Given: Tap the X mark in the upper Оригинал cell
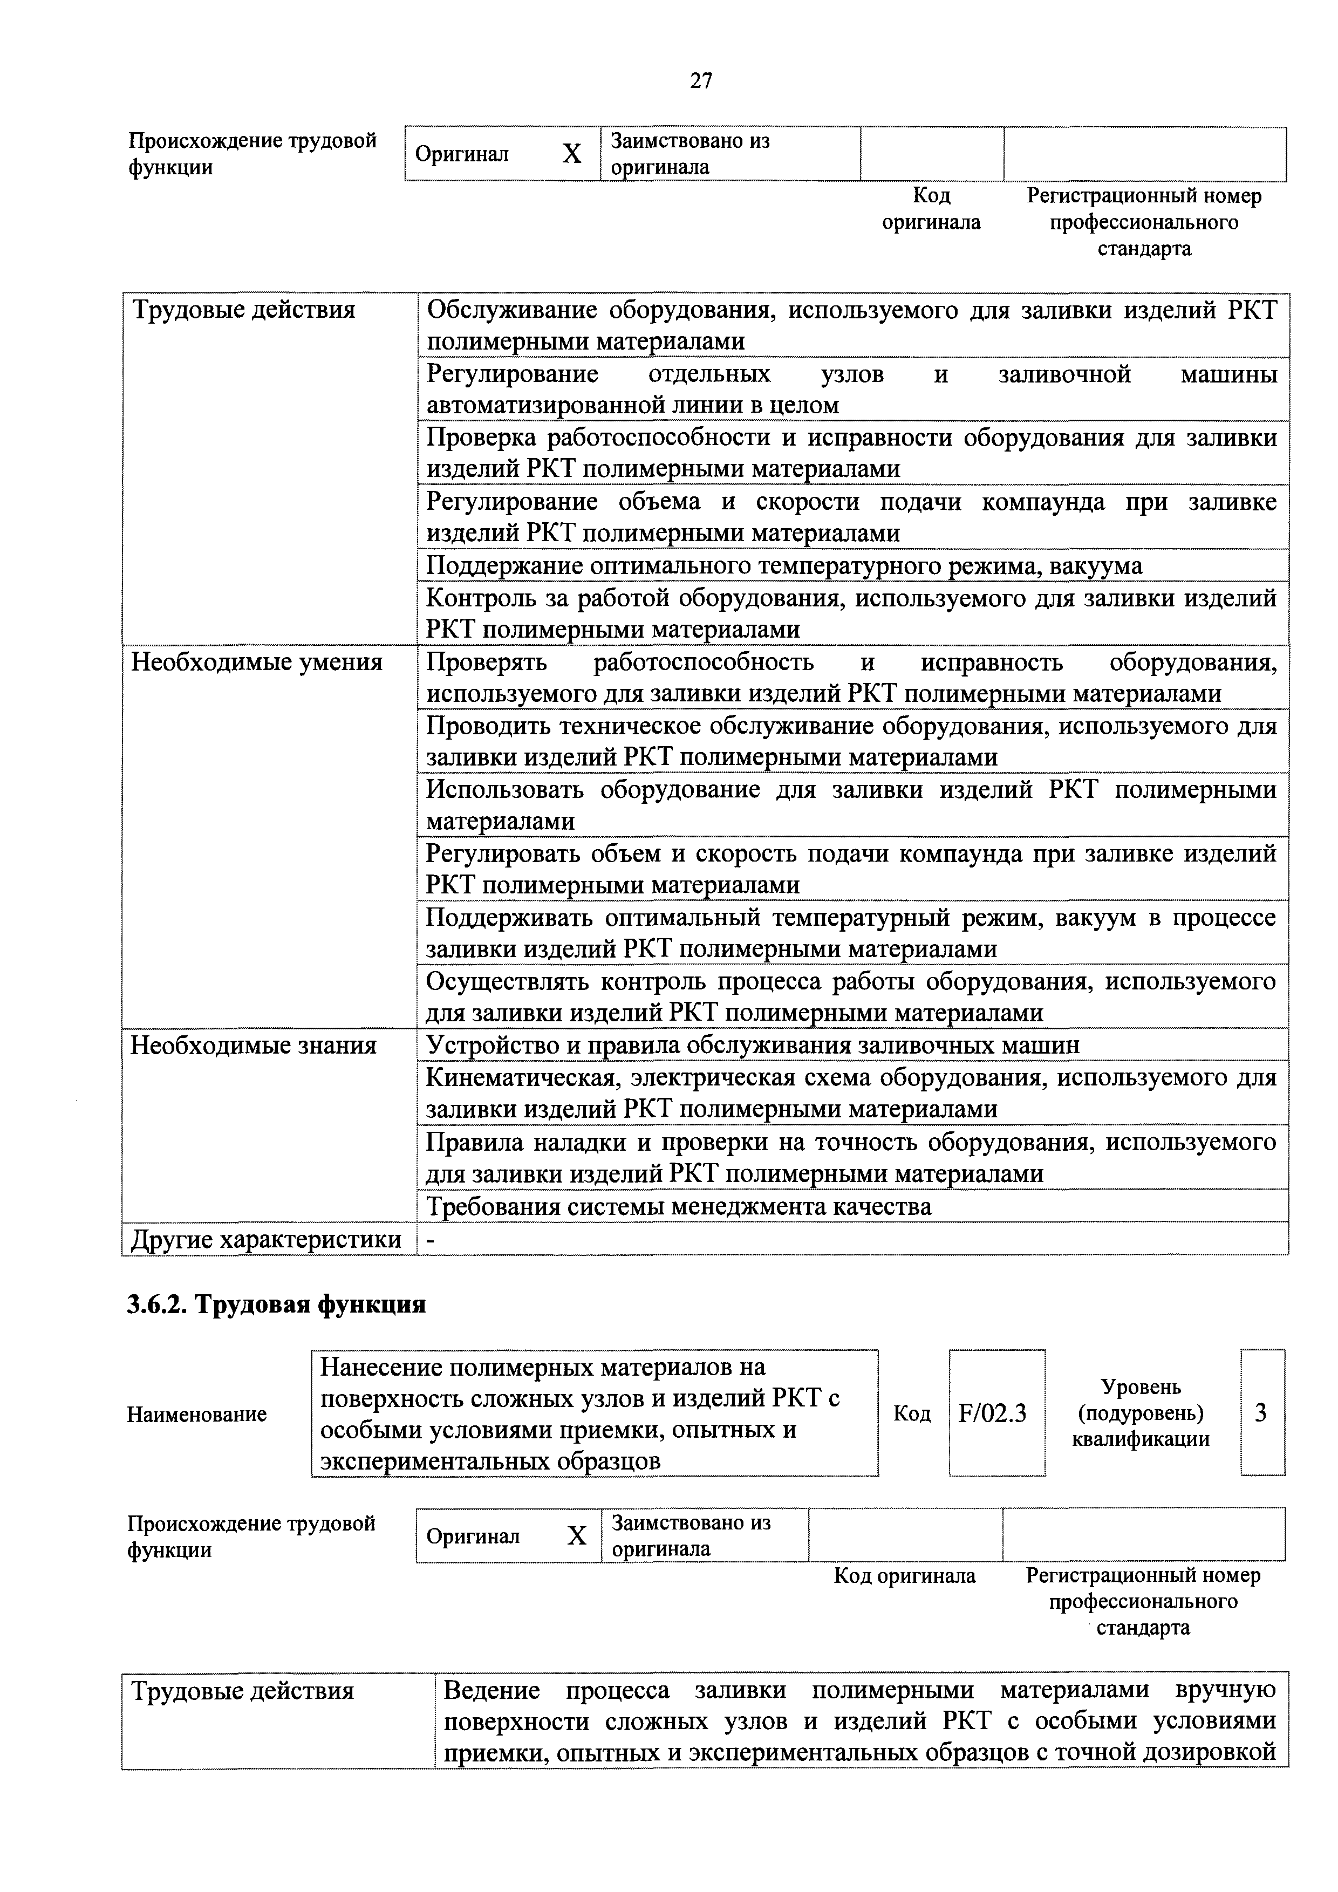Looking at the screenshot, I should coord(572,154).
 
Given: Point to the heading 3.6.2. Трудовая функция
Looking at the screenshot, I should coord(276,1305).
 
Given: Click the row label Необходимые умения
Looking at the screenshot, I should coord(257,662).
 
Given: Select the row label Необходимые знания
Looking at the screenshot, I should coord(254,1046).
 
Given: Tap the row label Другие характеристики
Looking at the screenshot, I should coord(266,1239).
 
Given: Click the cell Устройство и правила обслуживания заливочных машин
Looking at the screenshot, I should coord(752,1046).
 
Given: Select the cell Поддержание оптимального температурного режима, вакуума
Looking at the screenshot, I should coord(784,566).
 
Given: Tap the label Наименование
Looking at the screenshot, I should coord(197,1414).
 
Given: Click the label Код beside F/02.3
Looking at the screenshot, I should coord(912,1414).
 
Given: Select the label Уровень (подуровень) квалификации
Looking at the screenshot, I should coord(1141,1413).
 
